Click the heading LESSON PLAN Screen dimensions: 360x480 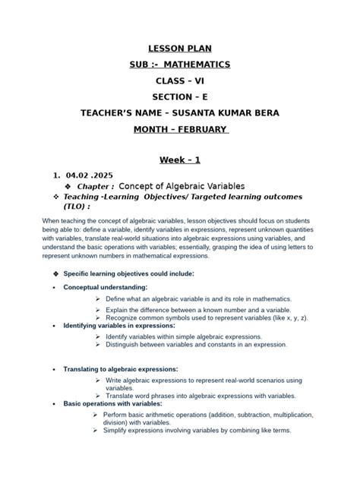pyautogui.click(x=179, y=49)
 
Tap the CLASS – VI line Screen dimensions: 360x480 pyautogui.click(x=179, y=81)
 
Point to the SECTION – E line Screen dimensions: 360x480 pyautogui.click(x=179, y=96)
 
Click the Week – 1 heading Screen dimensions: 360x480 pyautogui.click(x=179, y=159)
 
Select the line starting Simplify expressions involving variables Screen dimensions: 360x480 pyautogui.click(x=197, y=431)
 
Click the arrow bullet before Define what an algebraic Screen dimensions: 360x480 pyautogui.click(x=99, y=299)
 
